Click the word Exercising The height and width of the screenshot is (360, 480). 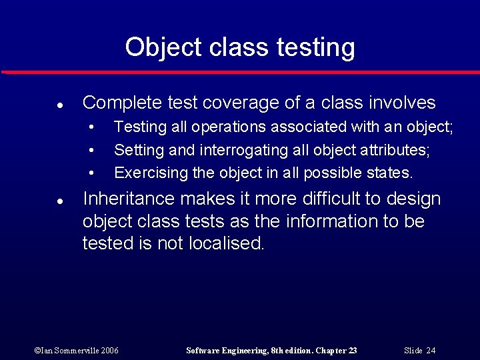point(151,173)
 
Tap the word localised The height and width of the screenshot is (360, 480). point(228,243)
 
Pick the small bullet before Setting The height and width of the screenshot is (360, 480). point(92,151)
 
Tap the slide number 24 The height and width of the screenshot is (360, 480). point(431,351)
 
